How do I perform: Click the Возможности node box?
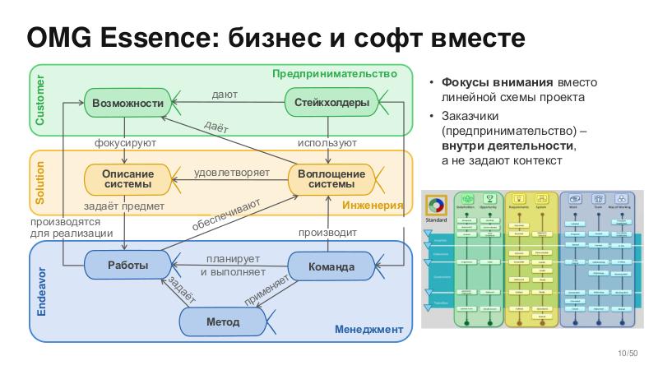pos(127,103)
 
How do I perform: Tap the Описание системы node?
pos(127,179)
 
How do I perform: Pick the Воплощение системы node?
pos(331,179)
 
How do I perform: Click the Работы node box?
pos(127,266)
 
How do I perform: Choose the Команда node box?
pos(331,266)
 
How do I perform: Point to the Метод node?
pos(222,321)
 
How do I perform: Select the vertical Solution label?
pos(39,183)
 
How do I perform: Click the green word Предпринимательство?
pos(341,74)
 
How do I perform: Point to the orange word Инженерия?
pos(373,205)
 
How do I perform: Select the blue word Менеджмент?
pos(368,330)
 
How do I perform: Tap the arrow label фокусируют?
pos(125,143)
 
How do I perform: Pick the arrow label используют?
pos(327,143)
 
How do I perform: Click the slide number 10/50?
pos(628,354)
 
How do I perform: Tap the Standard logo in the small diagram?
pos(436,205)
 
